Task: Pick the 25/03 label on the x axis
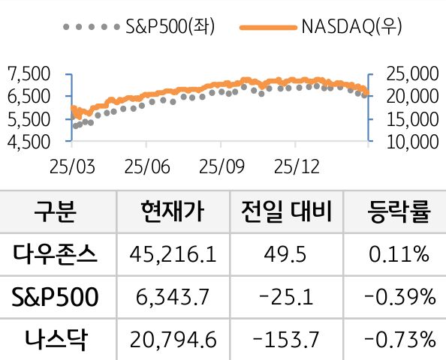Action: pyautogui.click(x=71, y=164)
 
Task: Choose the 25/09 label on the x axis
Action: pyautogui.click(x=220, y=164)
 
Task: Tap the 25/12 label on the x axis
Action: pyautogui.click(x=294, y=164)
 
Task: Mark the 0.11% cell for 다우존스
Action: pyautogui.click(x=399, y=255)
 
